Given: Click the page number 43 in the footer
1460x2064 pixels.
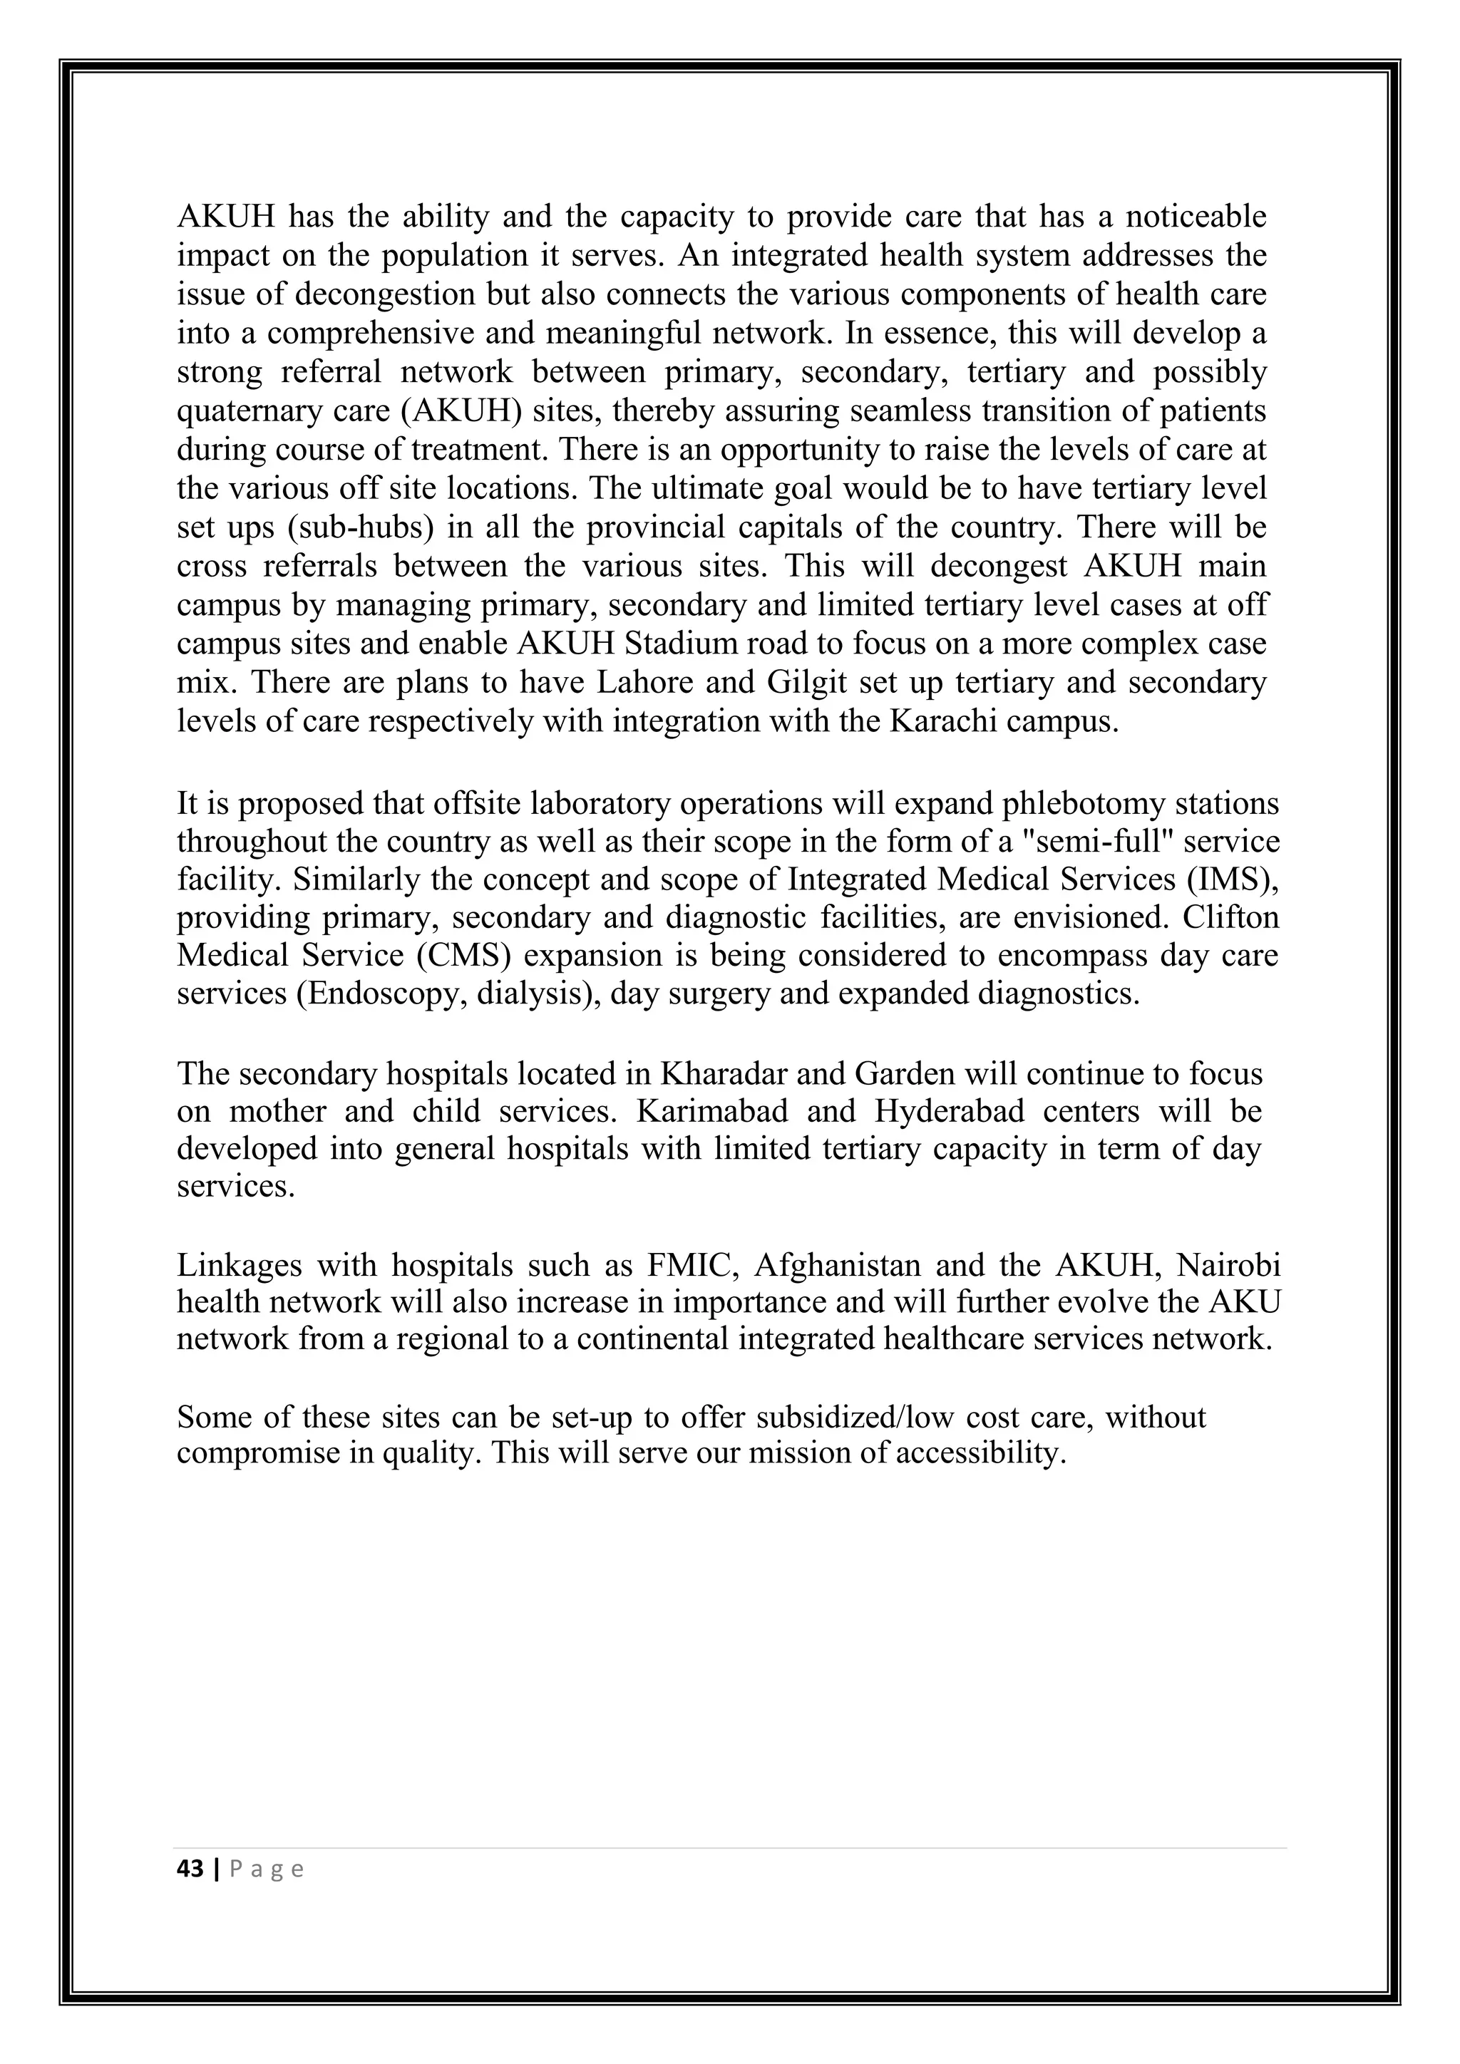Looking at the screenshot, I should (190, 1869).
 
